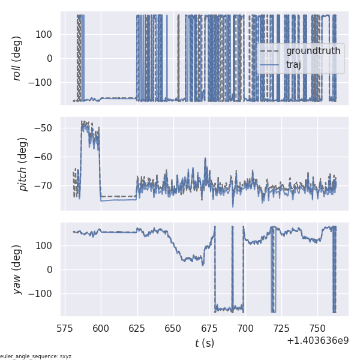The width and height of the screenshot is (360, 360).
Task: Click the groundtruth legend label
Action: pyautogui.click(x=313, y=51)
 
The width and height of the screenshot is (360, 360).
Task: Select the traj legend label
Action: pyautogui.click(x=293, y=65)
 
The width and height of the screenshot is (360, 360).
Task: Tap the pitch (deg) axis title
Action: pyautogui.click(x=23, y=164)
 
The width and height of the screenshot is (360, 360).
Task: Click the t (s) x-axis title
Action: pyautogui.click(x=204, y=343)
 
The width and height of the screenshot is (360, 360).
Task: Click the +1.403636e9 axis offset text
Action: pyautogui.click(x=317, y=341)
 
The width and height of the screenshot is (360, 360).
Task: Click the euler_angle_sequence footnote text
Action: pyautogui.click(x=36, y=356)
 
